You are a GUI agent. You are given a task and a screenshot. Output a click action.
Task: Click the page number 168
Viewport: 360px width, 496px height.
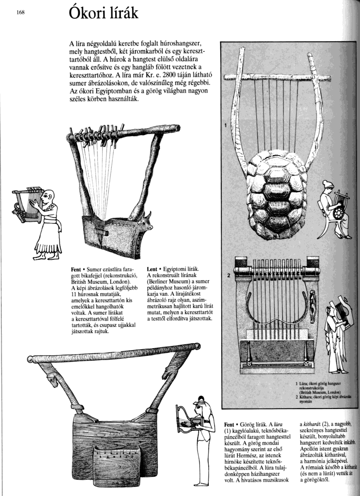coord(20,13)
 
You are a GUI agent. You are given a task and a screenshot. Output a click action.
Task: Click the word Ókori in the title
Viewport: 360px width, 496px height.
coord(87,13)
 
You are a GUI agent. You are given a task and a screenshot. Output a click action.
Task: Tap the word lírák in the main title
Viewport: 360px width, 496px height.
coord(122,13)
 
